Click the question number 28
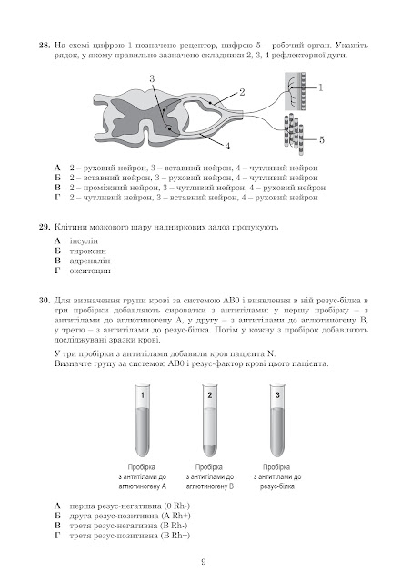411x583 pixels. pyautogui.click(x=45, y=46)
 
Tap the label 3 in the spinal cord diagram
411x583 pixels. pyautogui.click(x=152, y=78)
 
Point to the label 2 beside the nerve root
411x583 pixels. pyautogui.click(x=242, y=92)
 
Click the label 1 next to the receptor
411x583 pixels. pyautogui.click(x=320, y=87)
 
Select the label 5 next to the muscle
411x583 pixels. pyautogui.click(x=322, y=139)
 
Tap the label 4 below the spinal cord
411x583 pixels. pyautogui.click(x=227, y=146)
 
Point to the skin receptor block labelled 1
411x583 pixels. pyautogui.click(x=296, y=91)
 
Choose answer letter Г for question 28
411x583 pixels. pyautogui.click(x=57, y=198)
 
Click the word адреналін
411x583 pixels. pyautogui.click(x=90, y=261)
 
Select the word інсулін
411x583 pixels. pyautogui.click(x=84, y=240)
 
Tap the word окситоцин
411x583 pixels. pyautogui.click(x=90, y=271)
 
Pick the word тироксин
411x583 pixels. pyautogui.click(x=87, y=251)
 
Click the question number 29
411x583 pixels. pyautogui.click(x=45, y=227)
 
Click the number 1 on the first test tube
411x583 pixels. pyautogui.click(x=143, y=394)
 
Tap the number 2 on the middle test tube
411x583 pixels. pyautogui.click(x=210, y=394)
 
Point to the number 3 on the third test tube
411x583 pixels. pyautogui.click(x=277, y=394)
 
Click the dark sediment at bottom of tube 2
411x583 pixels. pyautogui.click(x=210, y=450)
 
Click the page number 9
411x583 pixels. pyautogui.click(x=204, y=562)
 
